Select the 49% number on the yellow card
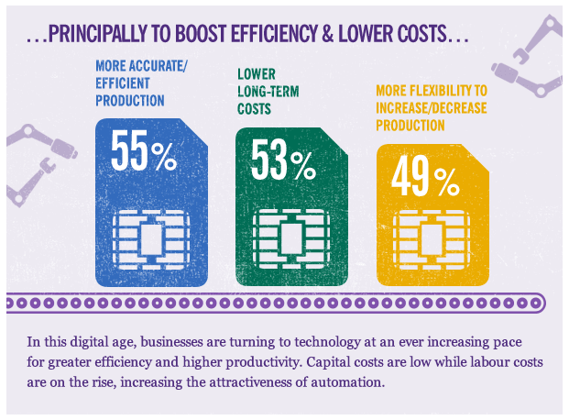(424, 179)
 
